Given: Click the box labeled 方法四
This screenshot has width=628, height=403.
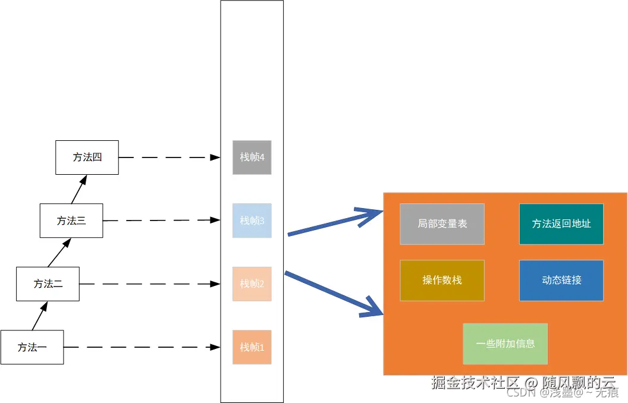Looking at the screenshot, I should pyautogui.click(x=87, y=158).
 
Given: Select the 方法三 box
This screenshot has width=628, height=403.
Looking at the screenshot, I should pyautogui.click(x=71, y=221).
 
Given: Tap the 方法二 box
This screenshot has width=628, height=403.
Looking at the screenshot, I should pyautogui.click(x=48, y=284).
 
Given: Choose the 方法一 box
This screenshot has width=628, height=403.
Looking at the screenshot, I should pyautogui.click(x=32, y=347).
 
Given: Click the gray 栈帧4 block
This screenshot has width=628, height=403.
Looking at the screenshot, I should pyautogui.click(x=252, y=158).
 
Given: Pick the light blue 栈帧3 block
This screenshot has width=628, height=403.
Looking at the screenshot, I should pyautogui.click(x=252, y=221).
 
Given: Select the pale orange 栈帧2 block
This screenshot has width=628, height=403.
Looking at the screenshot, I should pyautogui.click(x=252, y=284).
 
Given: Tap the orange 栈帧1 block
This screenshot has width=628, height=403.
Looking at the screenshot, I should pyautogui.click(x=252, y=347).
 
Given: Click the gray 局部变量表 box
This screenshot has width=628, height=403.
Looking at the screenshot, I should pyautogui.click(x=442, y=224).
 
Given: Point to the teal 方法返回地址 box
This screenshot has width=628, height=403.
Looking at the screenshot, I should pyautogui.click(x=561, y=224).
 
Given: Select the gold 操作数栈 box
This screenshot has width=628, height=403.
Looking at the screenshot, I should pyautogui.click(x=442, y=280).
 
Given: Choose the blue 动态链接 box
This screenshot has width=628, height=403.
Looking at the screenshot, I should pyautogui.click(x=561, y=280).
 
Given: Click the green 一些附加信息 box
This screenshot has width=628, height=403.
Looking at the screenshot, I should pyautogui.click(x=505, y=344).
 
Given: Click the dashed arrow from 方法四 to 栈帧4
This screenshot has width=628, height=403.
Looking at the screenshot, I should pyautogui.click(x=169, y=158).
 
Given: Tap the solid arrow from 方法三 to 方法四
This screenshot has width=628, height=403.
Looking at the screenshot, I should pyautogui.click(x=79, y=189).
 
